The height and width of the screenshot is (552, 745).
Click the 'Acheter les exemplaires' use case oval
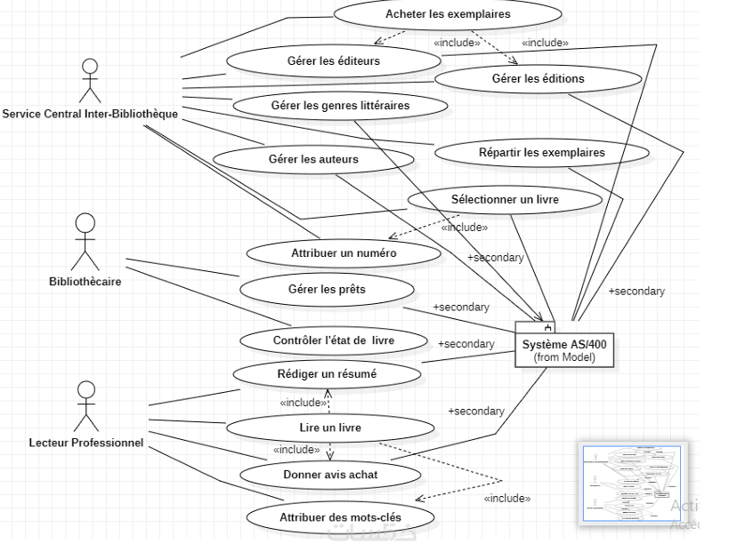pyautogui.click(x=448, y=15)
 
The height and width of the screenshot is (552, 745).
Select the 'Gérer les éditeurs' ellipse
pyautogui.click(x=333, y=61)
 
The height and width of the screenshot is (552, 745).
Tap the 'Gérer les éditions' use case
pyautogui.click(x=538, y=79)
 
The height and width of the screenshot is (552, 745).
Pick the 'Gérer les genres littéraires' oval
pyautogui.click(x=339, y=106)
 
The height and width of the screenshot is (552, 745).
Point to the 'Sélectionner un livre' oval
pyautogui.click(x=505, y=200)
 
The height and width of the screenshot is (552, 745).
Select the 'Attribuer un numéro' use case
pyautogui.click(x=343, y=253)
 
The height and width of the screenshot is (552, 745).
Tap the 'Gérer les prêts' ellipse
pyautogui.click(x=327, y=289)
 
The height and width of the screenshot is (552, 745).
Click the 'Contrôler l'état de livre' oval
pyautogui.click(x=334, y=340)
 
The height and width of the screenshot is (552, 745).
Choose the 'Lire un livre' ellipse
pyautogui.click(x=330, y=428)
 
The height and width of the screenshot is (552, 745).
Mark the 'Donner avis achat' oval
pyautogui.click(x=329, y=475)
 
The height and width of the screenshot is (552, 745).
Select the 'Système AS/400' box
pyautogui.click(x=565, y=346)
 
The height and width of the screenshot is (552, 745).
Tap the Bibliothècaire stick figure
pyautogui.click(x=85, y=241)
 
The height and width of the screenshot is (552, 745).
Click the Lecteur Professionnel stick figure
pyautogui.click(x=85, y=405)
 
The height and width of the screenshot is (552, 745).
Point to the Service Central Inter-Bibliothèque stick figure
pyautogui.click(x=88, y=79)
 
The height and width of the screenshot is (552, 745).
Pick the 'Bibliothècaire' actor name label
pyautogui.click(x=85, y=282)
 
